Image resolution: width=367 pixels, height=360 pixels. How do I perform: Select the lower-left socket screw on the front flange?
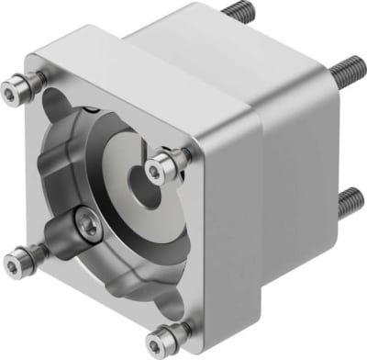click(19, 255)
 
